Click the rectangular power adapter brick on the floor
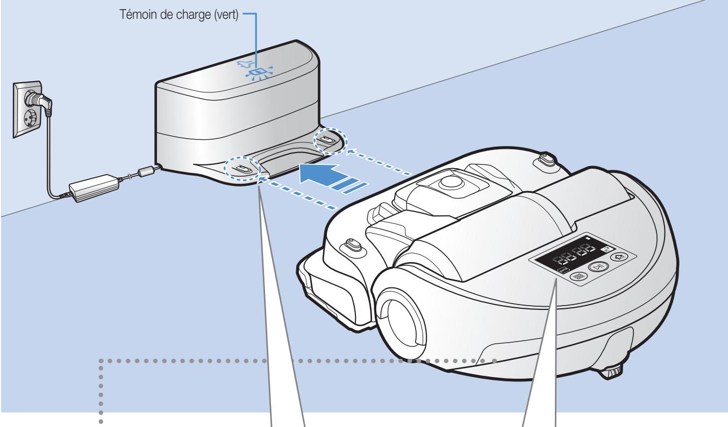click(x=94, y=188)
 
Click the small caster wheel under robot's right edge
click(x=613, y=371)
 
